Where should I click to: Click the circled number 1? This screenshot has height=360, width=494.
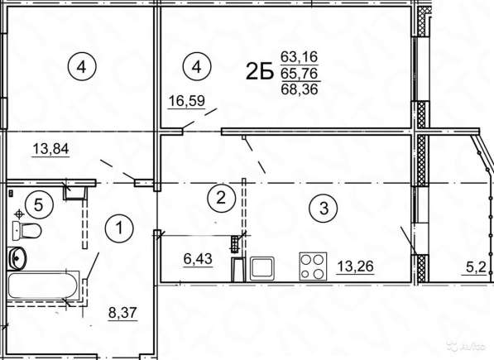121,224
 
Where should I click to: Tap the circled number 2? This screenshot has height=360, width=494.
219,197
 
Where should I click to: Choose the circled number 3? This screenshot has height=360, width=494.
323,209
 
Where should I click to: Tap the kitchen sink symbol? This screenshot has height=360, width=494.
262,267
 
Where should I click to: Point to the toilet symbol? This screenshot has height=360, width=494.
31,229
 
